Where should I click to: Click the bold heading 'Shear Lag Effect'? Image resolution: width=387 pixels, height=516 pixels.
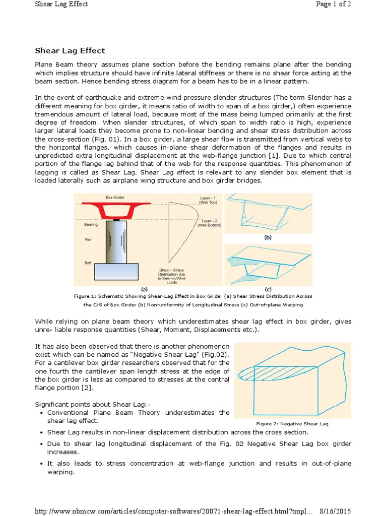70,50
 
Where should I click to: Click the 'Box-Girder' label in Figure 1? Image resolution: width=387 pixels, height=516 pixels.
116,198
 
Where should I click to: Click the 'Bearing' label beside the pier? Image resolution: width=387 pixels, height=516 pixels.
91,225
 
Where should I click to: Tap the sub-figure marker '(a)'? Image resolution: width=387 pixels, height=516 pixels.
144,289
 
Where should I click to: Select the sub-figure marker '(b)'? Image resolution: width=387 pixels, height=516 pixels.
268,237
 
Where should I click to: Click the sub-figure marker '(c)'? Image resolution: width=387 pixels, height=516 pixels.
268,289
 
